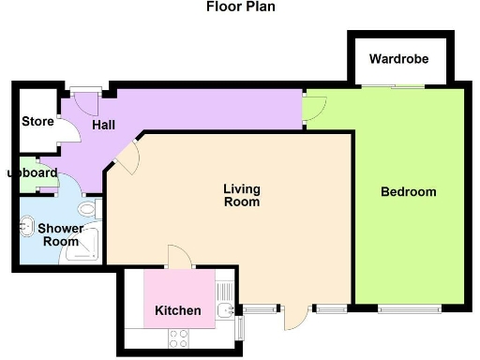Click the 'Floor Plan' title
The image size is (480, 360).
(x=241, y=7)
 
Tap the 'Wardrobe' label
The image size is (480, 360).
(x=398, y=59)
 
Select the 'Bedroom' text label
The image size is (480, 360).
(x=408, y=192)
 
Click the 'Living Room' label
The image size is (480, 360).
(x=241, y=195)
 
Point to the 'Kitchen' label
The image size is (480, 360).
(x=177, y=310)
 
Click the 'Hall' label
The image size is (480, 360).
(x=103, y=125)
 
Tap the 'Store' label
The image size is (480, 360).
(x=37, y=121)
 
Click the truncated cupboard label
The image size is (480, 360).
(x=34, y=172)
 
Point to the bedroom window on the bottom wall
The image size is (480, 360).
(x=408, y=307)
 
